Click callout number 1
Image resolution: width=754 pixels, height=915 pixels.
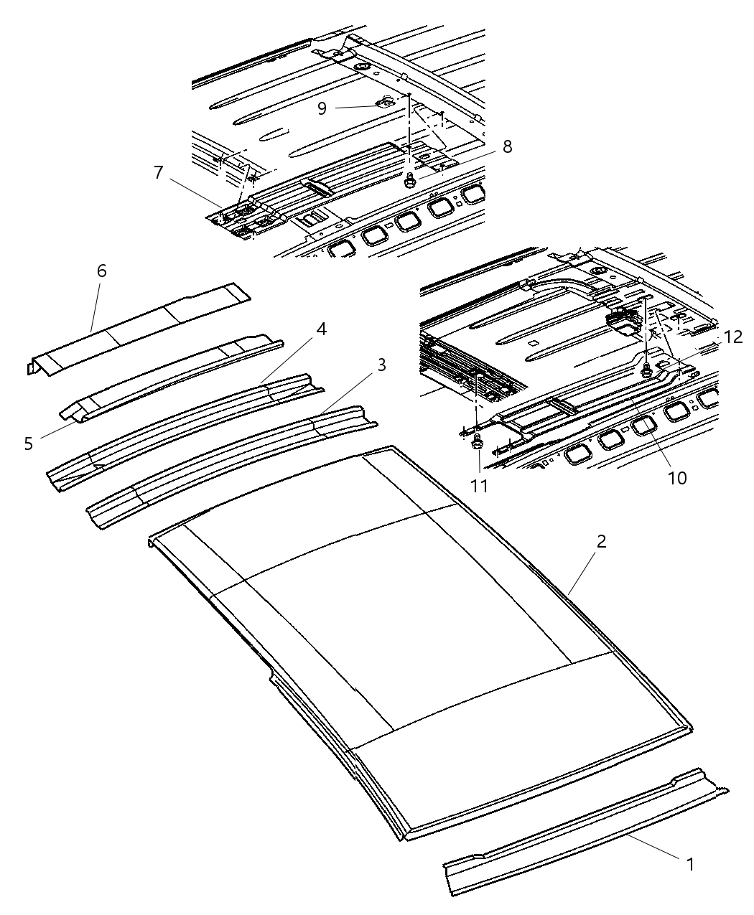[690, 864]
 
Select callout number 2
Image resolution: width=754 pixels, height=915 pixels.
[601, 541]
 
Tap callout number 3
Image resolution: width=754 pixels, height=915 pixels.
[381, 365]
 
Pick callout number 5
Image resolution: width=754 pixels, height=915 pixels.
[29, 444]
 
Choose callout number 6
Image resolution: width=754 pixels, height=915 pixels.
[101, 271]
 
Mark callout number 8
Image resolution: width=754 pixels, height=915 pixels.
[507, 146]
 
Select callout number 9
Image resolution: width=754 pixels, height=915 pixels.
[322, 108]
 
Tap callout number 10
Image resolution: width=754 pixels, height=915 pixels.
[677, 477]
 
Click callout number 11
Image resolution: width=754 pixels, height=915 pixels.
[479, 486]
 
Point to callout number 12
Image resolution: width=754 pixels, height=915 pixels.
[732, 337]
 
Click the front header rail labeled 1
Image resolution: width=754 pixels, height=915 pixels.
[582, 832]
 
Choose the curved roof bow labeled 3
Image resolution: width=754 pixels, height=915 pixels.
[230, 466]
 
